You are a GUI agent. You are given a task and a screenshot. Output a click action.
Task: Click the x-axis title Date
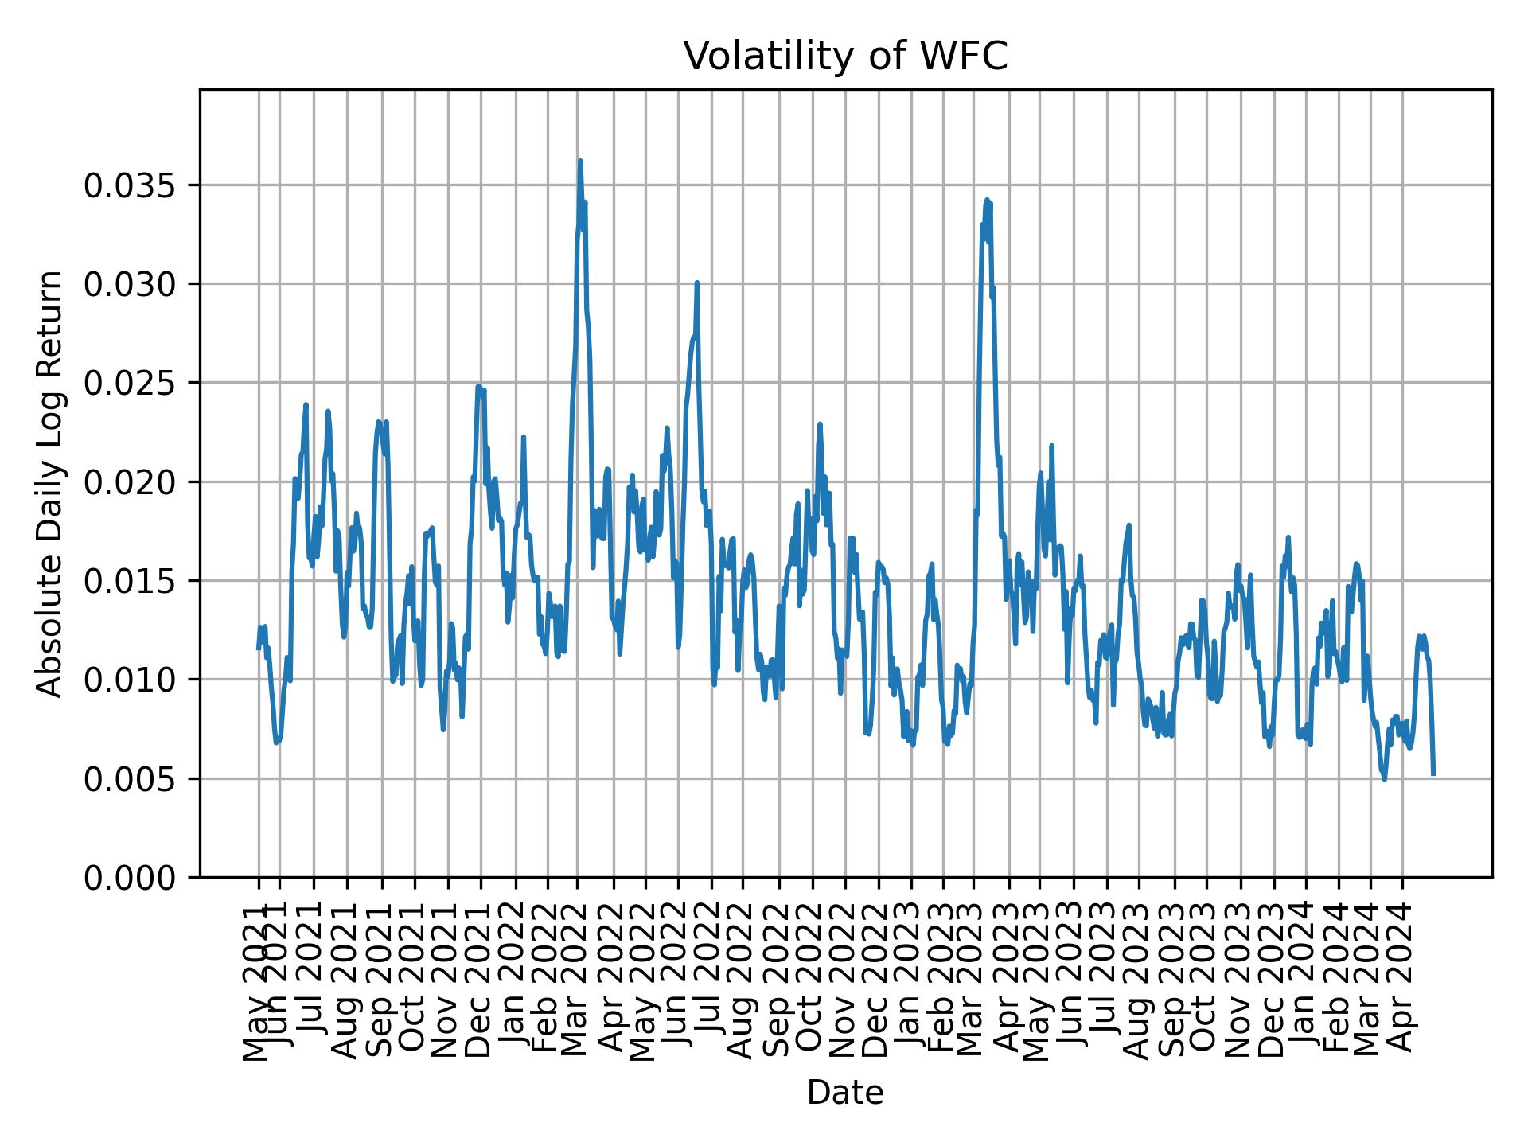click(845, 1093)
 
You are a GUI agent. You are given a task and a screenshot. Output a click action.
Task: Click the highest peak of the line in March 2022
click(580, 162)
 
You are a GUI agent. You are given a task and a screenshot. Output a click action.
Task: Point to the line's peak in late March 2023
click(987, 201)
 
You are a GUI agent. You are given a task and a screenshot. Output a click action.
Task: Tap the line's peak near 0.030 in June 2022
click(696, 283)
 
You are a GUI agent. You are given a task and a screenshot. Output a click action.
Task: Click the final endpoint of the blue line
click(1433, 774)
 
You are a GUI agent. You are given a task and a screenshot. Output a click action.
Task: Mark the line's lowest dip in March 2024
click(1384, 778)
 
